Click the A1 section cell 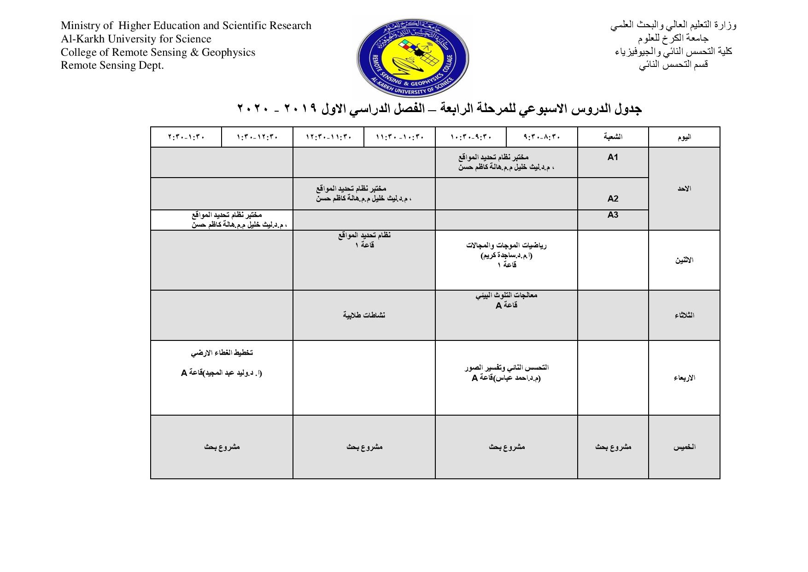point(612,157)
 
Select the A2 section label point(612,199)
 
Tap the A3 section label point(612,215)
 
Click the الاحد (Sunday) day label point(684,189)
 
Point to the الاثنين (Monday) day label point(684,260)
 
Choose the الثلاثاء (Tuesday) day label point(684,316)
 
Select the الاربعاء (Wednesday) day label point(684,378)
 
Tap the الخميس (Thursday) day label point(684,447)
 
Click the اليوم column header point(684,137)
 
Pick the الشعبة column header point(613,137)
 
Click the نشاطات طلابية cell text point(364,315)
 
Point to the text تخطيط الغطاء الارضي point(222,353)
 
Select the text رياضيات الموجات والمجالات point(506,245)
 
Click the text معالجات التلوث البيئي point(506,295)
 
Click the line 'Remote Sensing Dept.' point(112,66)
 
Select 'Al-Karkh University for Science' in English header point(136,39)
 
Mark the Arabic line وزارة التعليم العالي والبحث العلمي point(673,25)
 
